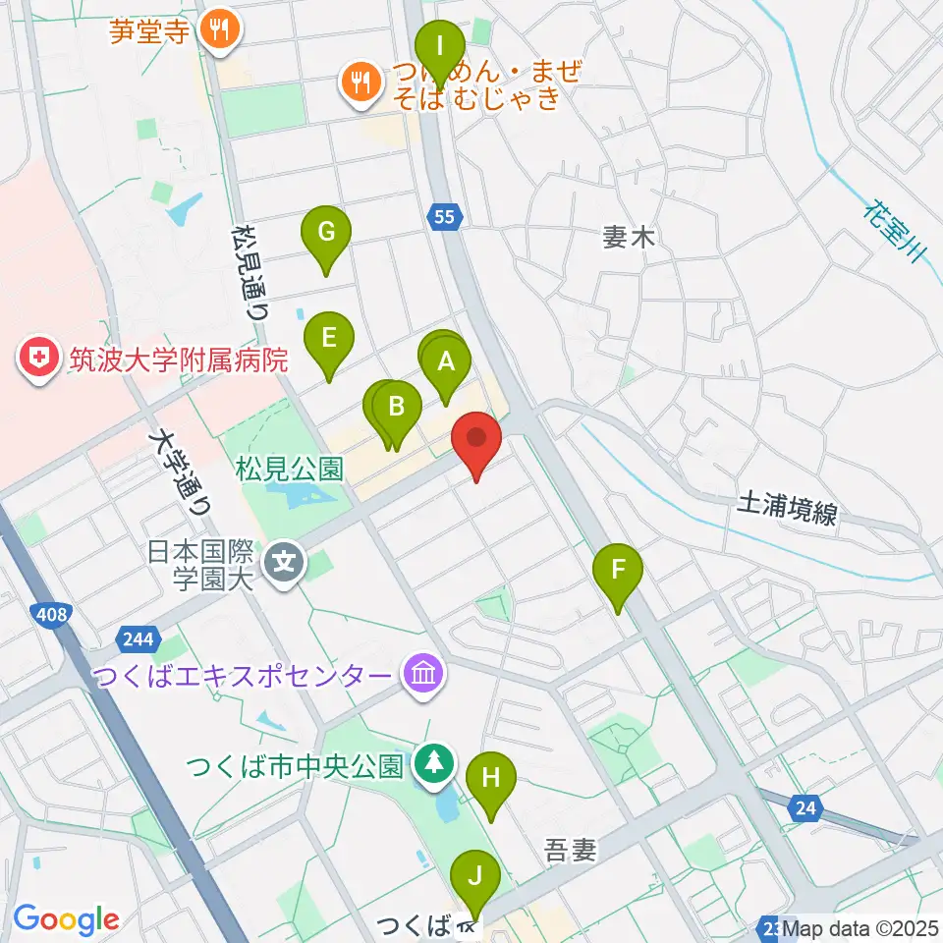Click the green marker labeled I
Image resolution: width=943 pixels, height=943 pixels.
(440, 45)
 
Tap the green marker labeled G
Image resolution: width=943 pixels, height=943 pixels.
(327, 233)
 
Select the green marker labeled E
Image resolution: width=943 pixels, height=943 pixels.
(329, 339)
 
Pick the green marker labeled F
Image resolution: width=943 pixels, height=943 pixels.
(619, 570)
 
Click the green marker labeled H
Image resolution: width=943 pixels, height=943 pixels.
(491, 779)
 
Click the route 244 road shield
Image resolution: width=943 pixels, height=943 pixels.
(139, 640)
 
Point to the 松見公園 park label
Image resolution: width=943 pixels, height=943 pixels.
(290, 468)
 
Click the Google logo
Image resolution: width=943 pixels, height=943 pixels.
(66, 918)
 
